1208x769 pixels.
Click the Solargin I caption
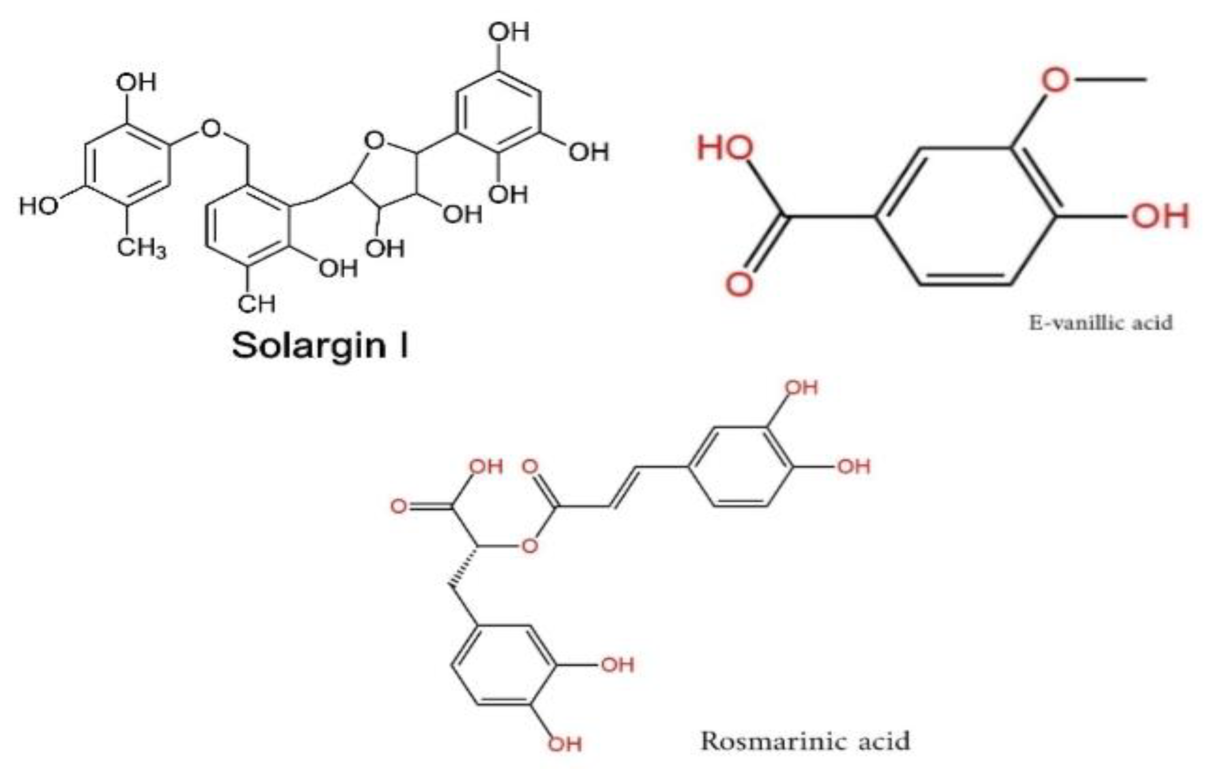coord(320,346)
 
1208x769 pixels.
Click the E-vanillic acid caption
coord(1101,323)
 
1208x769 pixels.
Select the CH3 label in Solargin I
coord(141,248)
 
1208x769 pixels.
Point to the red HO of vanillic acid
coord(725,148)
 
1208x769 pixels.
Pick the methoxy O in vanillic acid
coord(1056,80)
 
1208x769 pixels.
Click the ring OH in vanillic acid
coord(1160,217)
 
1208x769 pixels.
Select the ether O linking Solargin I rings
coord(211,129)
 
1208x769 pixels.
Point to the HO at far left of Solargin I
coord(38,206)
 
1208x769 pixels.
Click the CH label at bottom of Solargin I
coord(256,303)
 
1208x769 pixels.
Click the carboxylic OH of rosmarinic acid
coord(485,466)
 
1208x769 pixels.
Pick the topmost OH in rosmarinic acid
coord(801,388)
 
